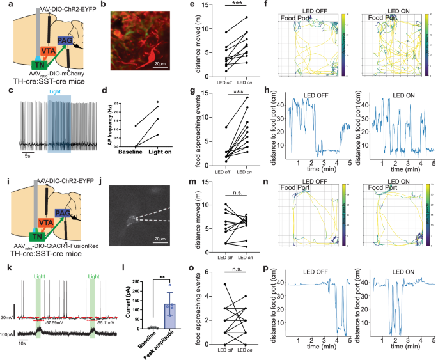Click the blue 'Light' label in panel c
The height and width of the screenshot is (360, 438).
pos(58,94)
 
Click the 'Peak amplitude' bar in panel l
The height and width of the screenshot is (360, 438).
pos(170,316)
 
